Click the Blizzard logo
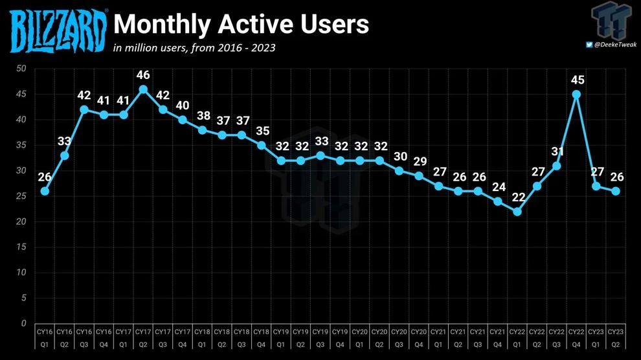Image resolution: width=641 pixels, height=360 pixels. pyautogui.click(x=59, y=29)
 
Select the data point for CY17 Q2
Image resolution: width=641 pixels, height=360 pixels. pyautogui.click(x=143, y=89)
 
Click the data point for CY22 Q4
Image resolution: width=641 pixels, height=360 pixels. pyautogui.click(x=576, y=94)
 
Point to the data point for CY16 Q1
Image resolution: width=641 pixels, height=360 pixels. pyautogui.click(x=45, y=191)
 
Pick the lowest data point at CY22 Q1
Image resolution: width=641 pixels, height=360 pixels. pyautogui.click(x=517, y=212)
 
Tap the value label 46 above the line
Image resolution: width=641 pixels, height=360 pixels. pyautogui.click(x=143, y=75)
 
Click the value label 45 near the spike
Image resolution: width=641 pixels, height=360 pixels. pyautogui.click(x=576, y=80)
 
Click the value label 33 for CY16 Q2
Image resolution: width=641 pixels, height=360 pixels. pyautogui.click(x=64, y=141)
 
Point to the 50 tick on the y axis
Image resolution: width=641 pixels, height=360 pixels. pyautogui.click(x=21, y=69)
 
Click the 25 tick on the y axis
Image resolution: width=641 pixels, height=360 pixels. pyautogui.click(x=21, y=196)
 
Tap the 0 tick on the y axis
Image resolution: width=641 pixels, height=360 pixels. pyautogui.click(x=24, y=323)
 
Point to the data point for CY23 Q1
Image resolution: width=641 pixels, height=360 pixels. pyautogui.click(x=596, y=186)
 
